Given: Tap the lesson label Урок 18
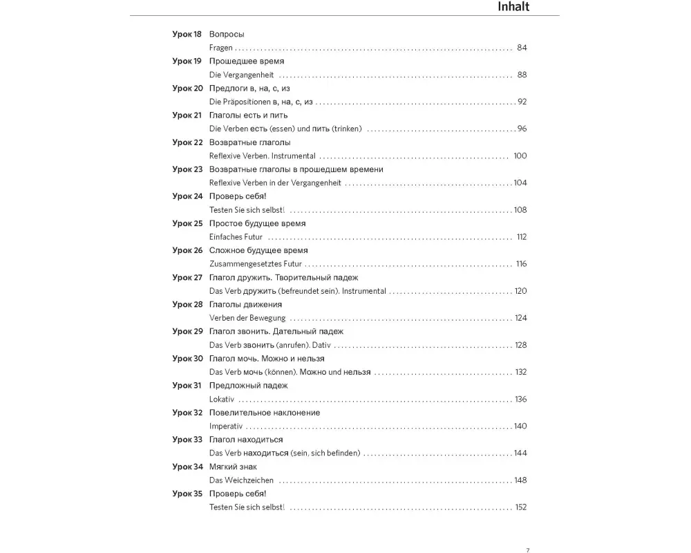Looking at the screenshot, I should (187, 34).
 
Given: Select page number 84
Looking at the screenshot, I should (522, 48).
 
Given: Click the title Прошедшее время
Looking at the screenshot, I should (246, 61).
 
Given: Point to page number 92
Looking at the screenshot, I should (522, 102).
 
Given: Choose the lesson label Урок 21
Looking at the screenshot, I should (187, 115).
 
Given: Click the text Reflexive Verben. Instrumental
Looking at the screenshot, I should (262, 156).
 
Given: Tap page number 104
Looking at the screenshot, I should (520, 183).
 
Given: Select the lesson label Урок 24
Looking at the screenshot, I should (187, 196).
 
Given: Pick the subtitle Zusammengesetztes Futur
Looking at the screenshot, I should (256, 264).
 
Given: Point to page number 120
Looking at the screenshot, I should (520, 291).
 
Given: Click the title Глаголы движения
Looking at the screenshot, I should (245, 304).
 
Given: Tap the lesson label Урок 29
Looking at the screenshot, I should (187, 331).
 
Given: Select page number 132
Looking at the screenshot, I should (521, 372).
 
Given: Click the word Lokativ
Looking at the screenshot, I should (222, 400).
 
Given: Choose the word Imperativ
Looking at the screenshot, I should (226, 427).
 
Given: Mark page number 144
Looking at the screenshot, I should (520, 453).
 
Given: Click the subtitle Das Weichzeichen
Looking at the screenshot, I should (241, 480).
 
